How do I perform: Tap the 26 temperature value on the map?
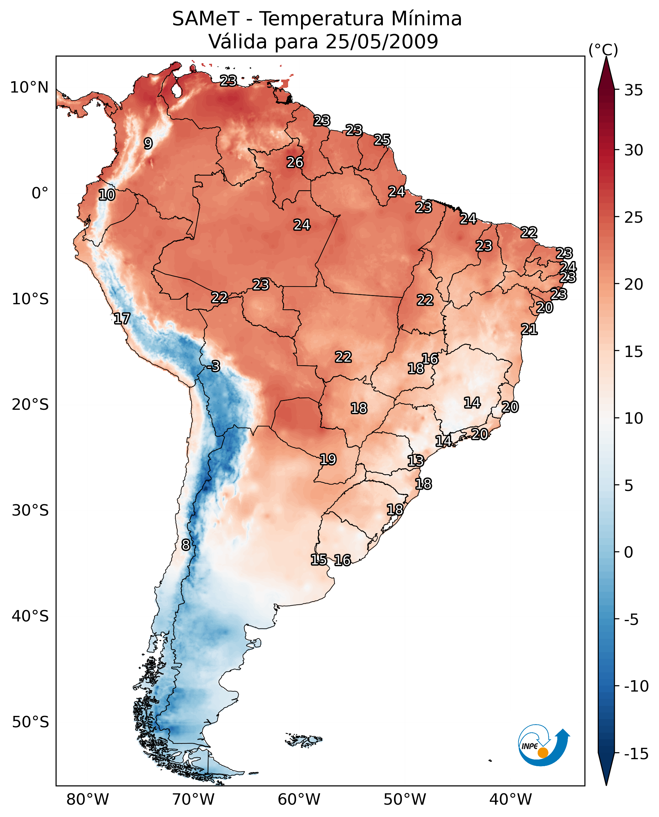[295, 162]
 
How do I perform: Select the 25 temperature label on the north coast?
[382, 140]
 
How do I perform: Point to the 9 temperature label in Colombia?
[148, 143]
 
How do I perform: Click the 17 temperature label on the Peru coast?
[122, 318]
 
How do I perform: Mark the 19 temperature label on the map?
[328, 459]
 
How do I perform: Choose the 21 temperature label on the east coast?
[529, 329]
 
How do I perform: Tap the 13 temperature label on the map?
[416, 461]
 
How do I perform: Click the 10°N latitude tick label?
[29, 88]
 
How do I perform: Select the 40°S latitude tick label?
[30, 616]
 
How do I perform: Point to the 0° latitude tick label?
[40, 193]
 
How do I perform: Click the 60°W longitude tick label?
[299, 799]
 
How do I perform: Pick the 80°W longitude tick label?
[88, 799]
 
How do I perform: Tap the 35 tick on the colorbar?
[633, 90]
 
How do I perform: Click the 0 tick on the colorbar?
[629, 552]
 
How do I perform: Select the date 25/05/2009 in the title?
[382, 41]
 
